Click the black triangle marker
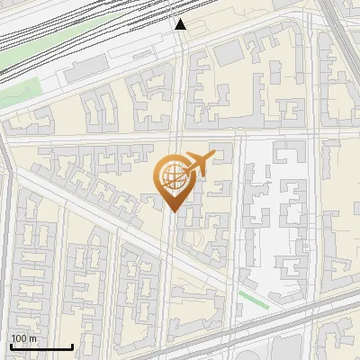click(x=180, y=24)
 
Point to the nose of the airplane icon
click(x=211, y=157)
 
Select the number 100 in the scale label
click(x=18, y=338)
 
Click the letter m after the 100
click(x=31, y=338)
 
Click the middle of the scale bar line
click(x=41, y=346)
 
